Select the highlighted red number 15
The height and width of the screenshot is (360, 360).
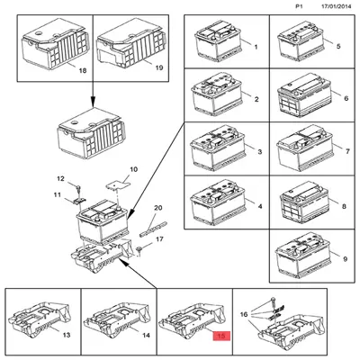[x=220, y=336]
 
